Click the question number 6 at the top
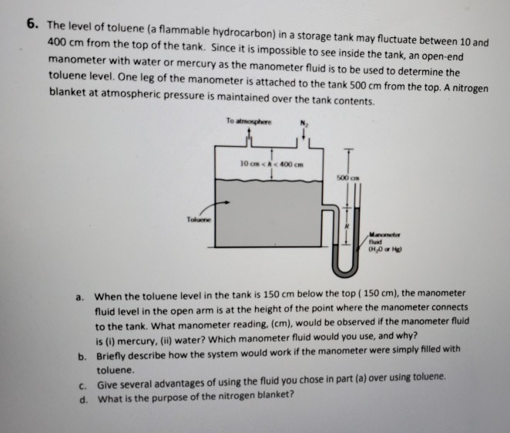32,23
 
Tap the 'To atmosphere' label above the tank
242,122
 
